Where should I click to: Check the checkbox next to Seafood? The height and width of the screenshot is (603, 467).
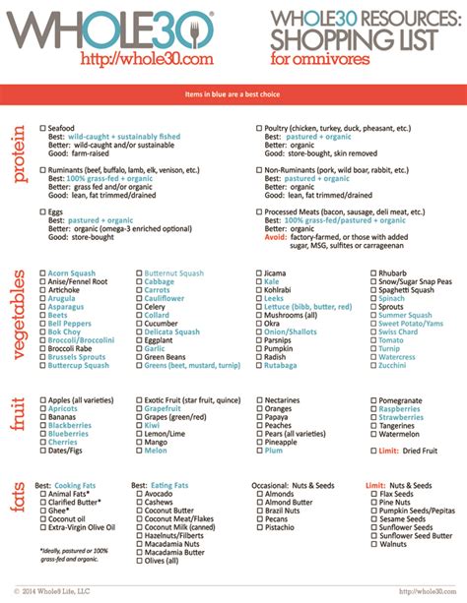42,129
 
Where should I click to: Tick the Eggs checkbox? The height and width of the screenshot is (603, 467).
42,211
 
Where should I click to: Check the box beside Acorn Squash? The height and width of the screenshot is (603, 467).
42,272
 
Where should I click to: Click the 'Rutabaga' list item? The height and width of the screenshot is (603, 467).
281,365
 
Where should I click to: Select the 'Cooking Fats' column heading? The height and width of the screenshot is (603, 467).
81,486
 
